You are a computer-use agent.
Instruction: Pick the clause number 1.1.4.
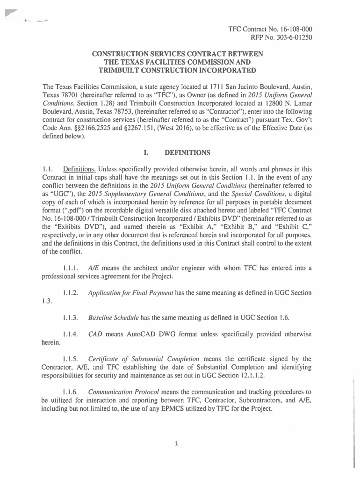71,334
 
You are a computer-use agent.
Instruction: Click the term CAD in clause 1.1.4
95,334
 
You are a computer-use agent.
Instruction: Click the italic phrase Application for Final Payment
131,293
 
